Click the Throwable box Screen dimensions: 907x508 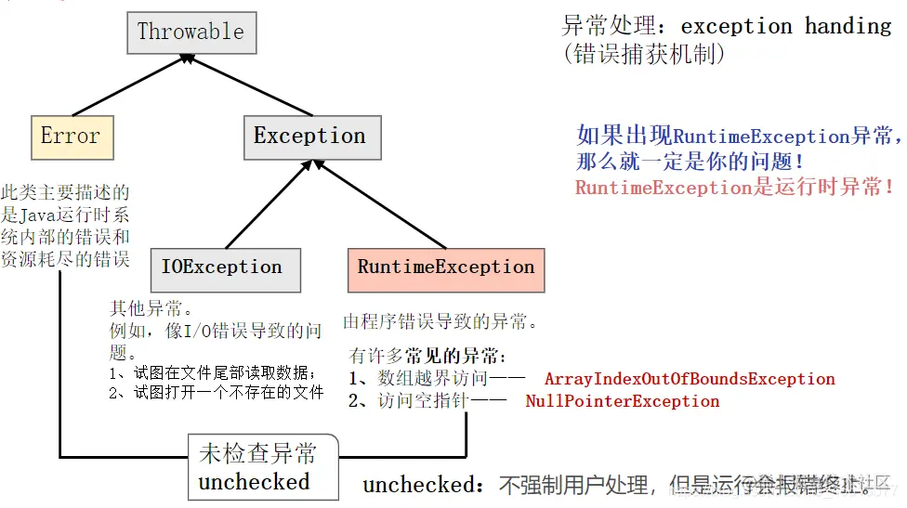click(x=191, y=32)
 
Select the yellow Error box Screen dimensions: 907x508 click(x=71, y=137)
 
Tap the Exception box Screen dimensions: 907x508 click(x=310, y=137)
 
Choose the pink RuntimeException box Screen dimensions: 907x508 click(x=446, y=268)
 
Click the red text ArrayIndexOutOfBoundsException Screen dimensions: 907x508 click(x=690, y=379)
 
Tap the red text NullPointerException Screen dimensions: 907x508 click(x=623, y=402)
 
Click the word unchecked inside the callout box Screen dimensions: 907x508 click(x=254, y=483)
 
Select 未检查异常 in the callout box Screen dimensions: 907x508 click(x=257, y=454)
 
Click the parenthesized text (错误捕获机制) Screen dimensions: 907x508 click(x=644, y=55)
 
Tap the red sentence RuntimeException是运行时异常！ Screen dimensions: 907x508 click(x=735, y=187)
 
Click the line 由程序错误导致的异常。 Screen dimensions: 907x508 click(x=440, y=323)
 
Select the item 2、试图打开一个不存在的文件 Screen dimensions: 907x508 click(x=217, y=393)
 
